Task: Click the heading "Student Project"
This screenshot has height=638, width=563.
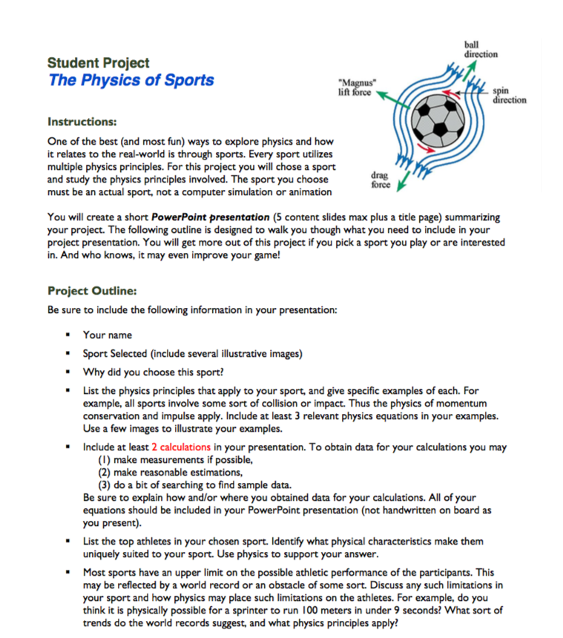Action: click(x=98, y=63)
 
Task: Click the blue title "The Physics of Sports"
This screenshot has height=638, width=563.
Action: click(x=131, y=80)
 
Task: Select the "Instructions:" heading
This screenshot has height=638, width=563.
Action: click(x=82, y=121)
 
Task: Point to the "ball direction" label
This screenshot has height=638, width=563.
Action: click(x=481, y=50)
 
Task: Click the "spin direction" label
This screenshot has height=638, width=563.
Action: click(x=508, y=95)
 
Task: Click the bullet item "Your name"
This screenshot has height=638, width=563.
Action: click(x=107, y=335)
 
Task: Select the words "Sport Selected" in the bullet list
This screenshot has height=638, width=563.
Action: click(x=114, y=353)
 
